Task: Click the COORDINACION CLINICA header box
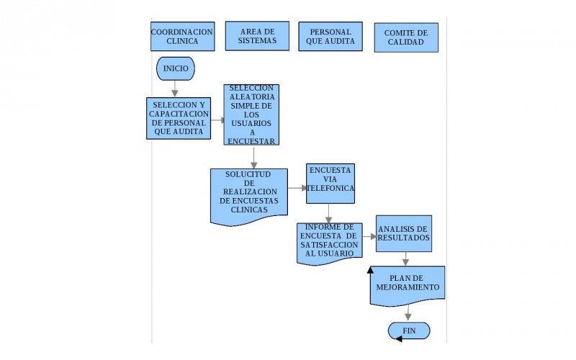(182, 36)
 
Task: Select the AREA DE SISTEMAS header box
(256, 36)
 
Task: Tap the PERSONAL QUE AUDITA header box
(330, 36)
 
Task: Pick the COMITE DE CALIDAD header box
(405, 37)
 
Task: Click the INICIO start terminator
(176, 68)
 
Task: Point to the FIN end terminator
(409, 330)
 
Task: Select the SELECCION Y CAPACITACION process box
(178, 118)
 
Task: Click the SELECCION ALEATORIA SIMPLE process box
(251, 114)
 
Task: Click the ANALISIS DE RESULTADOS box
(403, 233)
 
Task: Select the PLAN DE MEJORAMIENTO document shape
(407, 283)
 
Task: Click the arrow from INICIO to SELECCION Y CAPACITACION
(175, 89)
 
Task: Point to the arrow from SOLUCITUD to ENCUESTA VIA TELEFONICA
(297, 188)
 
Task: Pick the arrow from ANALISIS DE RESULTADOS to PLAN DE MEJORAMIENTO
(406, 259)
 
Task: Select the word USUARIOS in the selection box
(251, 123)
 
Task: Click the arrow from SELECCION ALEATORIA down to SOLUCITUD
(253, 157)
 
